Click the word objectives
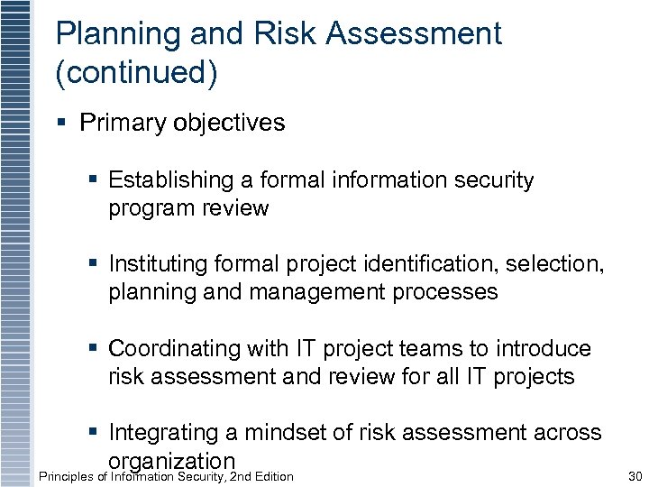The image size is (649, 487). click(x=230, y=123)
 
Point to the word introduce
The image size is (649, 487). click(x=539, y=348)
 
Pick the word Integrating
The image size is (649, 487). click(x=162, y=433)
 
